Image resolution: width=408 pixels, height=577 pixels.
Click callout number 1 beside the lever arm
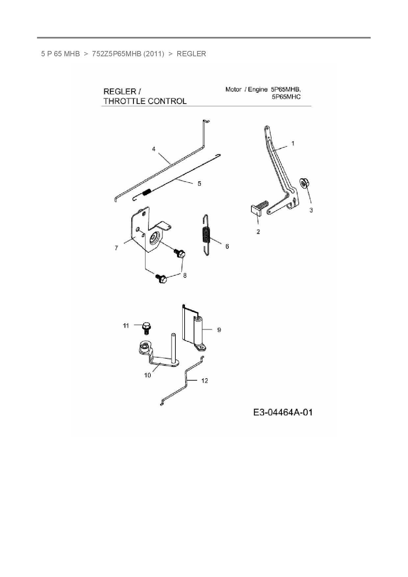293,143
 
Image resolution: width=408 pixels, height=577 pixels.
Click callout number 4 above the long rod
154,149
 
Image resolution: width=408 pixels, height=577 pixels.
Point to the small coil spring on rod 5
147,192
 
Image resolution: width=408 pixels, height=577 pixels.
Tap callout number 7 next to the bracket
116,248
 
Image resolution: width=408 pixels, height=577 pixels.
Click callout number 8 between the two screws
185,275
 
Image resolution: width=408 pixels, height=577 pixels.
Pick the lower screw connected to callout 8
161,279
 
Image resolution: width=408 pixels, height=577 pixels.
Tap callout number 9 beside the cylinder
219,330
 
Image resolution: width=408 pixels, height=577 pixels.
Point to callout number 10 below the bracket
147,375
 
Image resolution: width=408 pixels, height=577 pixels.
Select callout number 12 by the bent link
205,381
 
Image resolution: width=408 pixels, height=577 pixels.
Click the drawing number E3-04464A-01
283,412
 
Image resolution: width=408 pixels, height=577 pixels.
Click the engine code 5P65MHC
286,97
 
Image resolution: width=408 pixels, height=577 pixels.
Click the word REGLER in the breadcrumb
191,54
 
